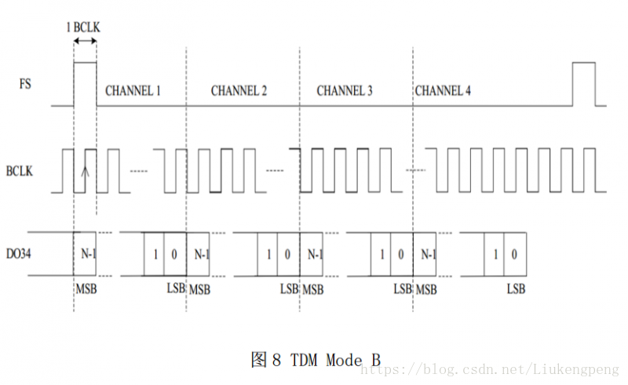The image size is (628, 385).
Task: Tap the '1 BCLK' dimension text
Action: pos(83,27)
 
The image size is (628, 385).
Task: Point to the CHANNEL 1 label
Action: pos(133,91)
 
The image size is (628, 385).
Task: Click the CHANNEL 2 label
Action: pos(239,91)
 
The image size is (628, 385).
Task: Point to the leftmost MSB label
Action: pos(85,288)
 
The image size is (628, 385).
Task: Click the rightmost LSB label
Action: pos(516,288)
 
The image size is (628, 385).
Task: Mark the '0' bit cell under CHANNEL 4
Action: pos(515,253)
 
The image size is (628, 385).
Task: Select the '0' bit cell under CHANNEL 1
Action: pos(175,253)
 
